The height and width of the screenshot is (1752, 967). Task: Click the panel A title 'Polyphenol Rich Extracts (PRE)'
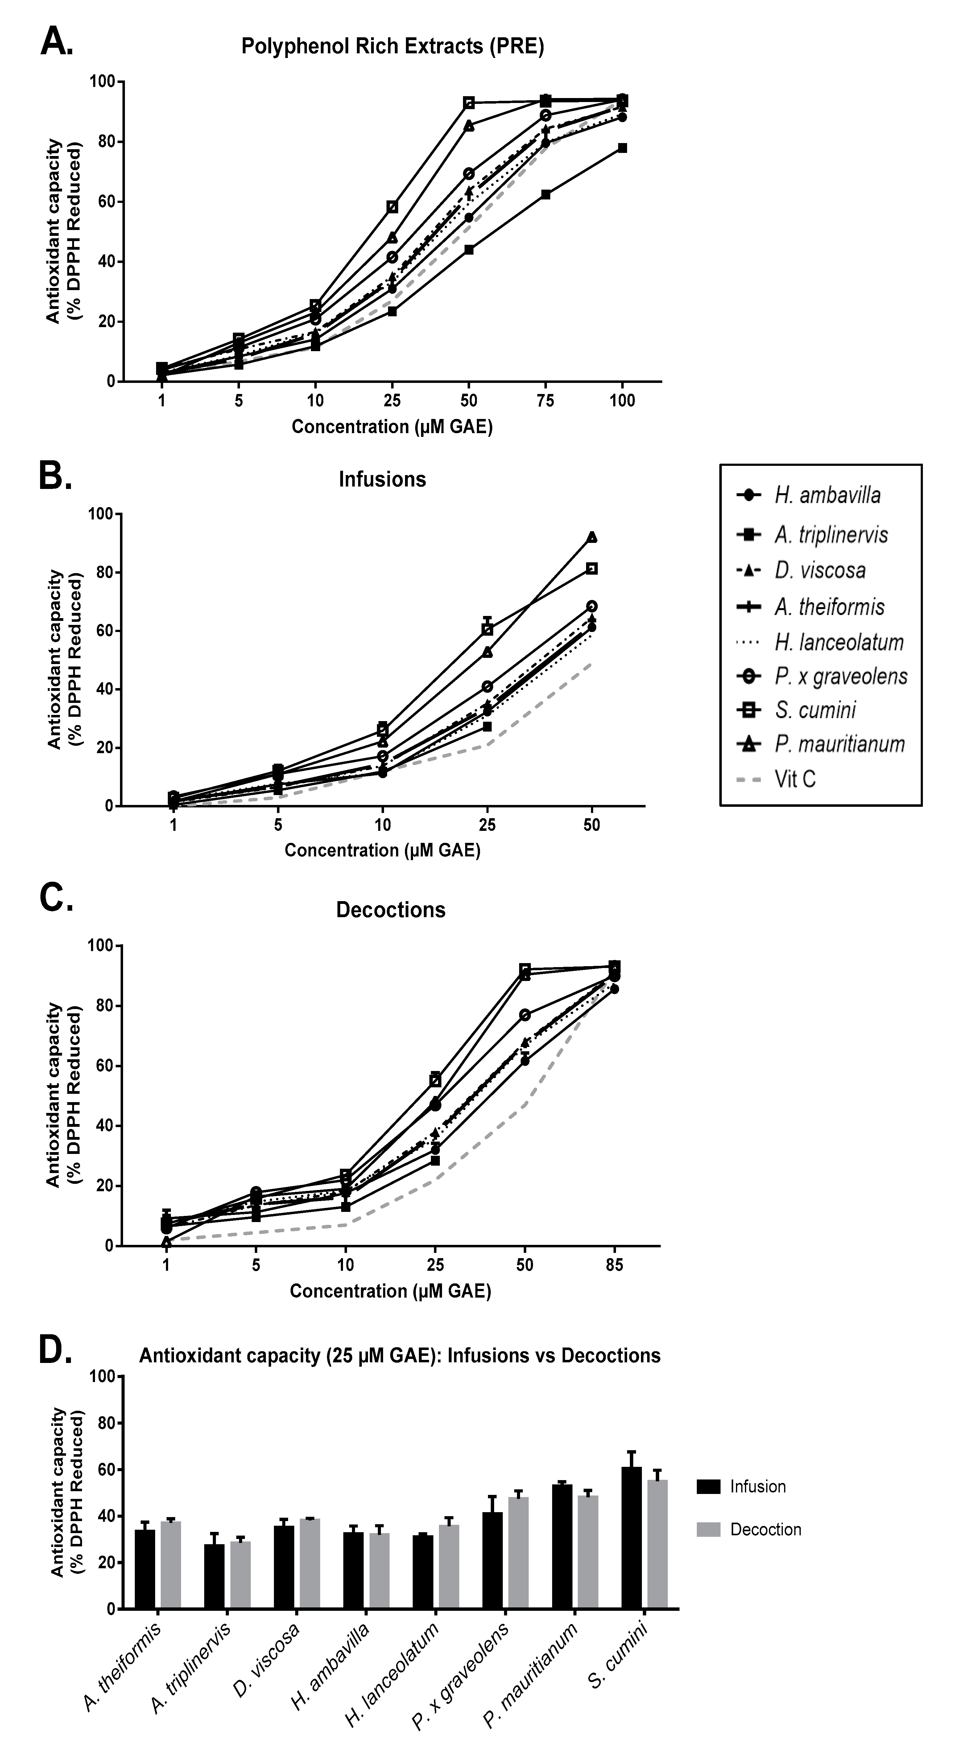[x=393, y=47]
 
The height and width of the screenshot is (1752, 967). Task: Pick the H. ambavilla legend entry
[x=827, y=495]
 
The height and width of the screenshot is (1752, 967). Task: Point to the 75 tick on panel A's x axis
[x=545, y=400]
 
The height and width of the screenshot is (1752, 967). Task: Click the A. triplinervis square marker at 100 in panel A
[x=622, y=148]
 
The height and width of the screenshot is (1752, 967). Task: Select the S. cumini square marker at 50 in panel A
[x=469, y=103]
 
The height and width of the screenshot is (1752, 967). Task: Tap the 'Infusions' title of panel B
[x=382, y=479]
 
